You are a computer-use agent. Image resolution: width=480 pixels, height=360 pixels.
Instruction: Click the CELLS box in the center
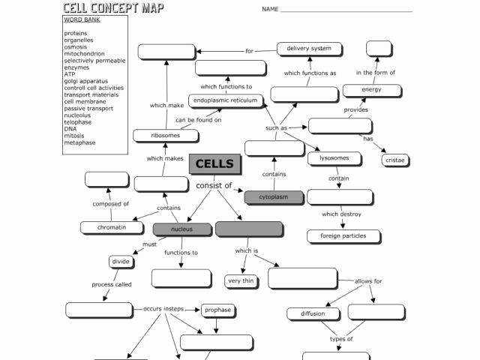214,164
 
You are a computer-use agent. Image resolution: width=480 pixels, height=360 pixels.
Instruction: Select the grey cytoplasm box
274,197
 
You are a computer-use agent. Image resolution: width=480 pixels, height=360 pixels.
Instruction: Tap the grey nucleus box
181,229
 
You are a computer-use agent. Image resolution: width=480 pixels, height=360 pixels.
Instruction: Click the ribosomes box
166,136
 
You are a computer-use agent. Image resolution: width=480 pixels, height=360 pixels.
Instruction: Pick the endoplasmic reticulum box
225,100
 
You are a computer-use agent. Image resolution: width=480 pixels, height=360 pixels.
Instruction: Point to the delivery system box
309,49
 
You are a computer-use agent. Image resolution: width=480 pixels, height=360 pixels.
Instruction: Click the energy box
370,90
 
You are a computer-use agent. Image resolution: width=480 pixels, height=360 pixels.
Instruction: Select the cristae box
394,160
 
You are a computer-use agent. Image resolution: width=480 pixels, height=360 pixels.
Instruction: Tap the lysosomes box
334,158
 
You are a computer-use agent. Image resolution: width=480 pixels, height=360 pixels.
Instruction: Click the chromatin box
111,227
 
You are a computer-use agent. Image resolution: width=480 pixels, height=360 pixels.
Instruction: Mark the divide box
121,262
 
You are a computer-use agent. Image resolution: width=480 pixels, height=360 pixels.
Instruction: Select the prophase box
217,310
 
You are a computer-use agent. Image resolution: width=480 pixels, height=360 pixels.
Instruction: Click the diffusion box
313,313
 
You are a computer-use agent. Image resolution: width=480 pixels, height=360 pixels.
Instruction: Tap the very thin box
241,281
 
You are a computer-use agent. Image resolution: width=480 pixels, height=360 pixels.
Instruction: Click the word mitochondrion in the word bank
84,54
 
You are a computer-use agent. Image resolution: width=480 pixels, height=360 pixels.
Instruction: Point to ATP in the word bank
70,74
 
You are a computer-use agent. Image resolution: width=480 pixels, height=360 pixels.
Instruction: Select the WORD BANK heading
82,20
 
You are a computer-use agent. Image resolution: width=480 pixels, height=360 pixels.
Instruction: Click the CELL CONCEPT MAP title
113,8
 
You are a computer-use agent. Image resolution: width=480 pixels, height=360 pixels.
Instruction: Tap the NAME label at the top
270,10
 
